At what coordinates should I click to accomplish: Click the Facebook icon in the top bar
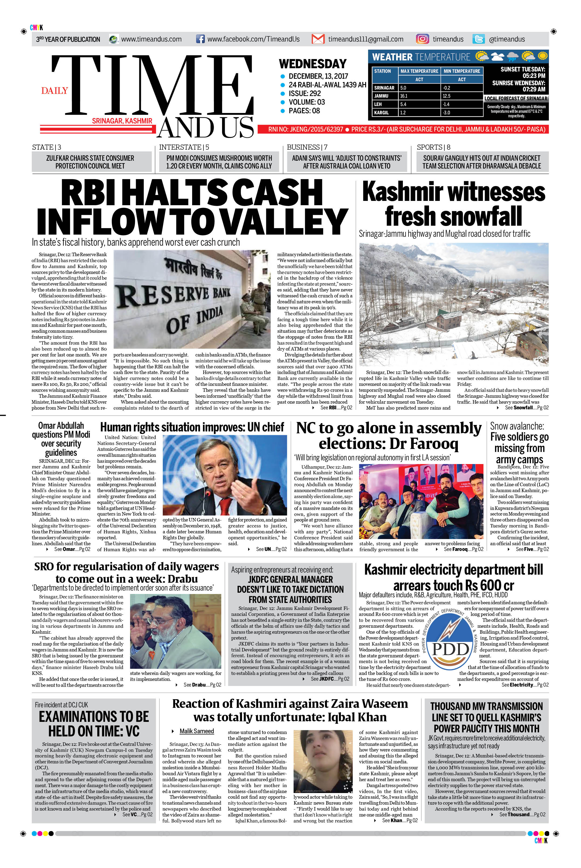point(200,39)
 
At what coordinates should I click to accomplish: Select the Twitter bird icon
point(478,39)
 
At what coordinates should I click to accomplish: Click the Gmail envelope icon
point(318,39)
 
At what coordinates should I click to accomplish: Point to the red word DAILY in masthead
point(54,91)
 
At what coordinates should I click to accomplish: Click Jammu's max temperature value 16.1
point(403,96)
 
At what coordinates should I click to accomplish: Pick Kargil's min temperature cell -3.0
point(447,113)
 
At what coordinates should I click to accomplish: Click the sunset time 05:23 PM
point(534,76)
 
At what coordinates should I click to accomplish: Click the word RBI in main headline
point(93,193)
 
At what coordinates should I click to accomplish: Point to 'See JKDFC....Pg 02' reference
point(329,679)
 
